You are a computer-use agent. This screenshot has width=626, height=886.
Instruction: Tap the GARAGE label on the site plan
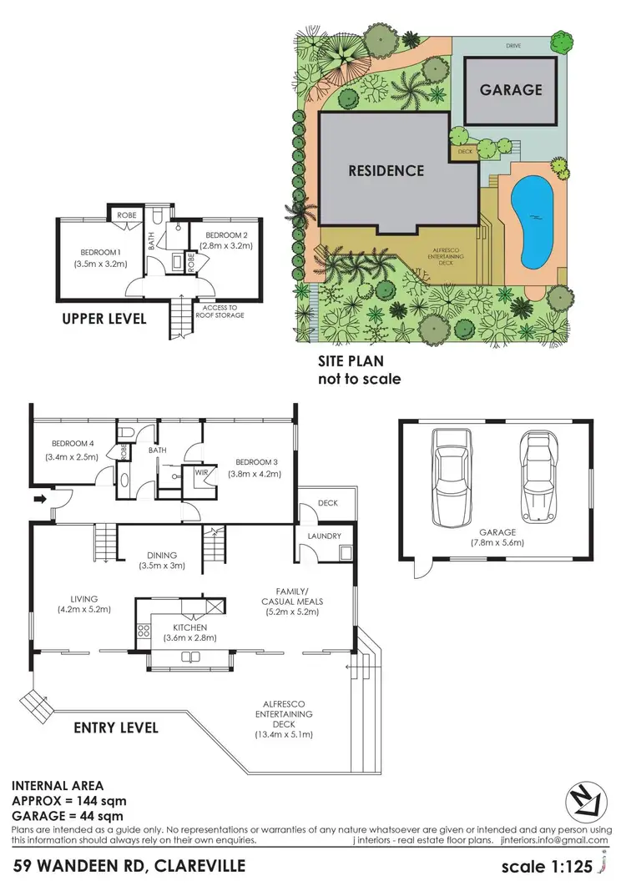coord(511,89)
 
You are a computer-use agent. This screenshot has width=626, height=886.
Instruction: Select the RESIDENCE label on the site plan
coord(386,170)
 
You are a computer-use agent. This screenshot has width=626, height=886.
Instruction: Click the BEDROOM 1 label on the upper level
coord(101,252)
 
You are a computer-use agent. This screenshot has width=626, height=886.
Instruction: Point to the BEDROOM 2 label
coord(225,235)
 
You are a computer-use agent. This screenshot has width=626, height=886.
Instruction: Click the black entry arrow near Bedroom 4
coord(38,500)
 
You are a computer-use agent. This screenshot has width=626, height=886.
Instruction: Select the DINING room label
coord(161,554)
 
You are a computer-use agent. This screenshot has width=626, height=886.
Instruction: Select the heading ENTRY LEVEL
coord(116,727)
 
